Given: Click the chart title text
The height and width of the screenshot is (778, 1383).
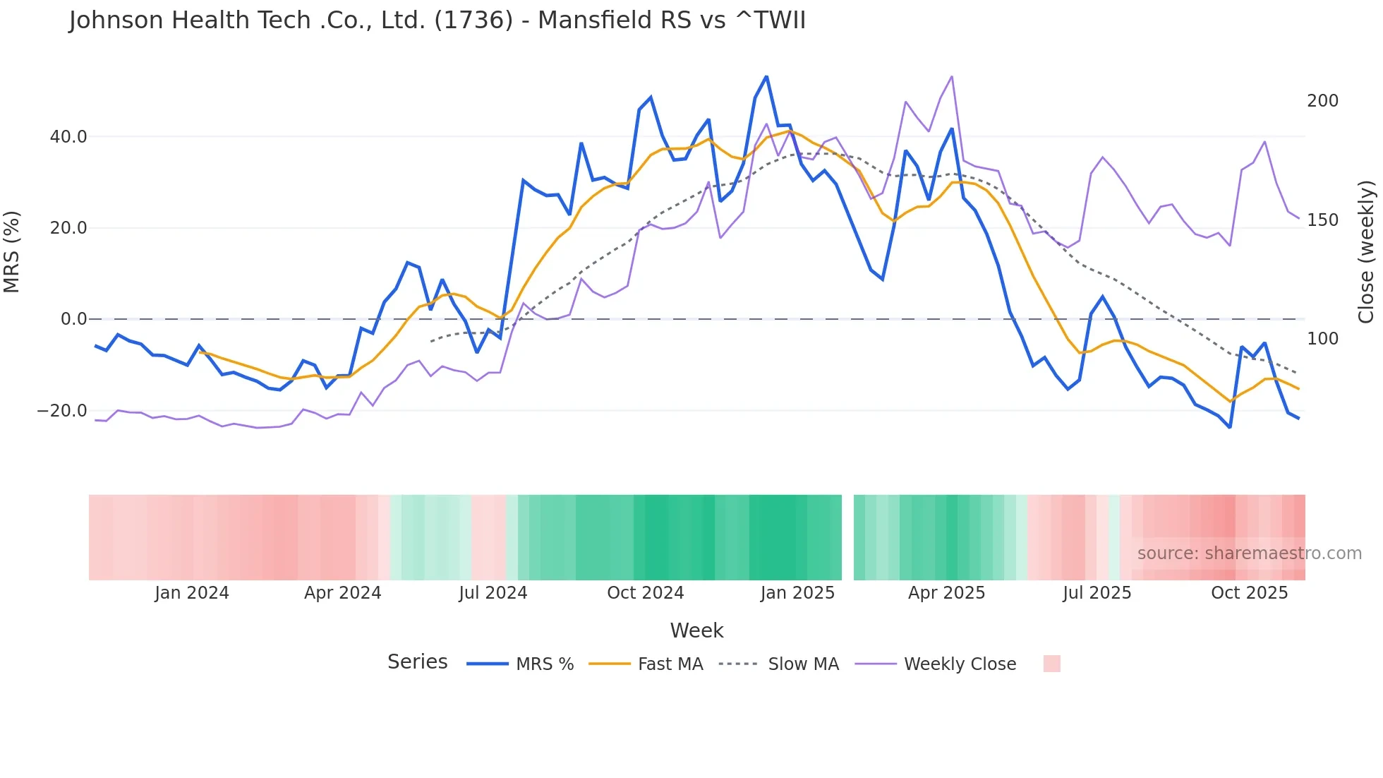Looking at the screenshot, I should tap(437, 20).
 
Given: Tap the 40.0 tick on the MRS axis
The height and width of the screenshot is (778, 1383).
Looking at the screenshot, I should tap(68, 137).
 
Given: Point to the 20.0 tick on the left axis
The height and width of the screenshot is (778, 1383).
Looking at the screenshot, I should tap(68, 228).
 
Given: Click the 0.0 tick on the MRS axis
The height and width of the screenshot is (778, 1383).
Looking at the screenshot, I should tap(73, 319).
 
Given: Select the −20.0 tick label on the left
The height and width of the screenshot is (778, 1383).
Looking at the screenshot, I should tap(62, 411).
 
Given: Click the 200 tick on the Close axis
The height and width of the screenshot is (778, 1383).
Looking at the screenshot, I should tap(1322, 101).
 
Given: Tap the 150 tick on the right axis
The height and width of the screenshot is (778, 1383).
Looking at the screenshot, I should tap(1322, 220).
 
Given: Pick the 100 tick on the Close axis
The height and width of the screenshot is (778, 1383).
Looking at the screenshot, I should tap(1322, 339).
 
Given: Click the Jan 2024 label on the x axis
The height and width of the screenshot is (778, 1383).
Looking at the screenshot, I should tap(192, 593).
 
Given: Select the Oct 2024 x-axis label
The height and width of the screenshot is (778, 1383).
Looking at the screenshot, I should tap(646, 593).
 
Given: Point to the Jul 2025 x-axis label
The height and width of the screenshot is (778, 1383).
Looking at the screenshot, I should tap(1097, 593).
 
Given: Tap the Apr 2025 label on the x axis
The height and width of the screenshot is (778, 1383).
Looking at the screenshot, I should tap(946, 593).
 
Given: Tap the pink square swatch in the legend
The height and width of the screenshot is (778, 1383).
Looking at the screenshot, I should tap(1051, 664).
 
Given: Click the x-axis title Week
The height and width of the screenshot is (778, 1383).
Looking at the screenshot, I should tap(696, 630).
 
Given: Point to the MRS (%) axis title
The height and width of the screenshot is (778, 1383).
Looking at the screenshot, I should tap(12, 252).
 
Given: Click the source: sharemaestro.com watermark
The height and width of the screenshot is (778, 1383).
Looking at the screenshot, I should tap(1249, 553).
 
